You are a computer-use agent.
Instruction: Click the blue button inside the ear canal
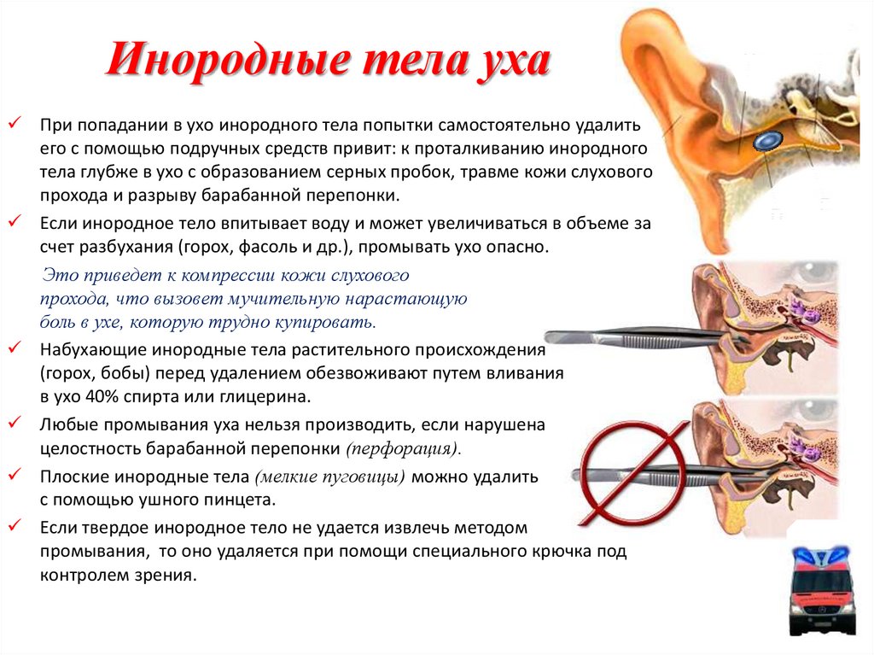pyautogui.click(x=767, y=141)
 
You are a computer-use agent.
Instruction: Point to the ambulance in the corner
pyautogui.click(x=824, y=591)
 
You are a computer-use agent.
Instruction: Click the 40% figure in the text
pyautogui.click(x=103, y=397)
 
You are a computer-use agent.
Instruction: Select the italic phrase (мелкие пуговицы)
pyautogui.click(x=330, y=477)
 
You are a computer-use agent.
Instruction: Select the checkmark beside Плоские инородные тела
pyautogui.click(x=15, y=474)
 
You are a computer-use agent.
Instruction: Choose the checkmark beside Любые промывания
pyautogui.click(x=15, y=423)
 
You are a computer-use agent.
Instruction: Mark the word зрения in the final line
pyautogui.click(x=166, y=576)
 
